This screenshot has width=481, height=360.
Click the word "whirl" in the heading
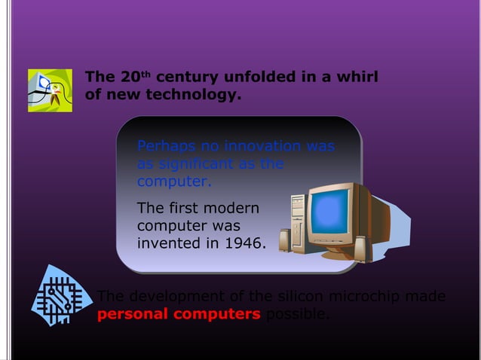[354, 78]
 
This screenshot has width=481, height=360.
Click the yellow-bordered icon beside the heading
[50, 90]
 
